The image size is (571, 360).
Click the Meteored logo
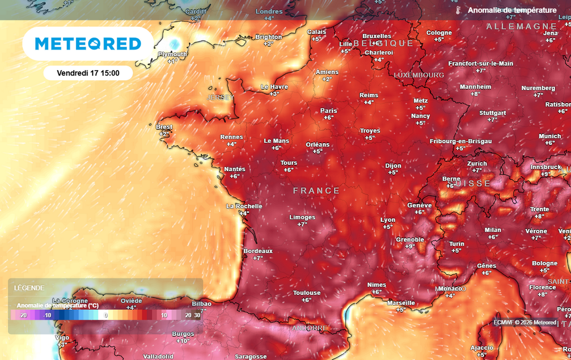tap(88, 43)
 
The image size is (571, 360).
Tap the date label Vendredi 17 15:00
tap(88, 72)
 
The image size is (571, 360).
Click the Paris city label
tap(328, 110)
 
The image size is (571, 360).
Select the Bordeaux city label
tap(258, 251)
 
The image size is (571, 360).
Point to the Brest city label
tap(164, 127)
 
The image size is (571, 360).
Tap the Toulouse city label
tap(307, 293)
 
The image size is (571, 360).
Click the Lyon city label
tap(388, 220)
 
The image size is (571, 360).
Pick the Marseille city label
tap(401, 303)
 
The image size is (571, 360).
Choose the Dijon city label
tap(393, 166)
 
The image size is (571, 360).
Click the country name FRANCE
tap(316, 191)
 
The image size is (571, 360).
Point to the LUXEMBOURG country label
tap(419, 75)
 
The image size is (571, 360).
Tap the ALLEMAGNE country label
tap(521, 26)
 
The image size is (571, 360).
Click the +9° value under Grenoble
tap(410, 246)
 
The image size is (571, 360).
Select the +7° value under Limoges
tap(302, 224)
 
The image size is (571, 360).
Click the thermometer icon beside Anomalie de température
tap(457, 11)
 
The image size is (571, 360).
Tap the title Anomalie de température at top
tap(512, 11)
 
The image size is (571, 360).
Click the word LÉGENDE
tap(29, 288)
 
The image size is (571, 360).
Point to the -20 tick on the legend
tap(23, 315)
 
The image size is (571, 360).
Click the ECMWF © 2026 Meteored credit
tap(525, 322)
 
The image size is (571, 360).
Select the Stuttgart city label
tap(492, 113)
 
